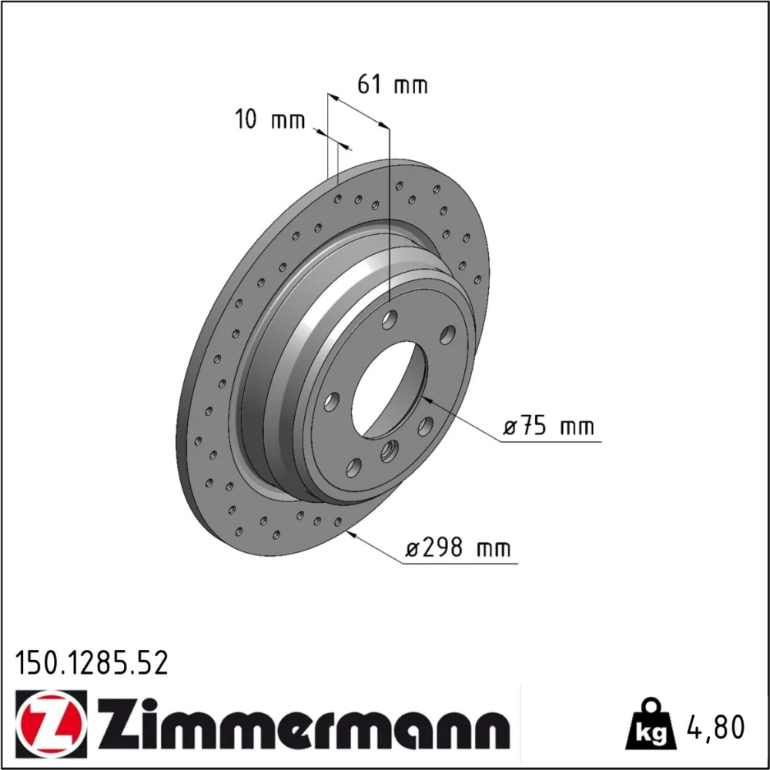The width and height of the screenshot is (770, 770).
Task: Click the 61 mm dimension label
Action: [393, 85]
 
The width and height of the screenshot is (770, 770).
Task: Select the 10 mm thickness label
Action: [270, 119]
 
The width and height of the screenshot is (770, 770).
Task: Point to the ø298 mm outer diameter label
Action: [457, 547]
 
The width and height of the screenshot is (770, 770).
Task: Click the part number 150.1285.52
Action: [92, 662]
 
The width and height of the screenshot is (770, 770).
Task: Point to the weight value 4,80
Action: [715, 728]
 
